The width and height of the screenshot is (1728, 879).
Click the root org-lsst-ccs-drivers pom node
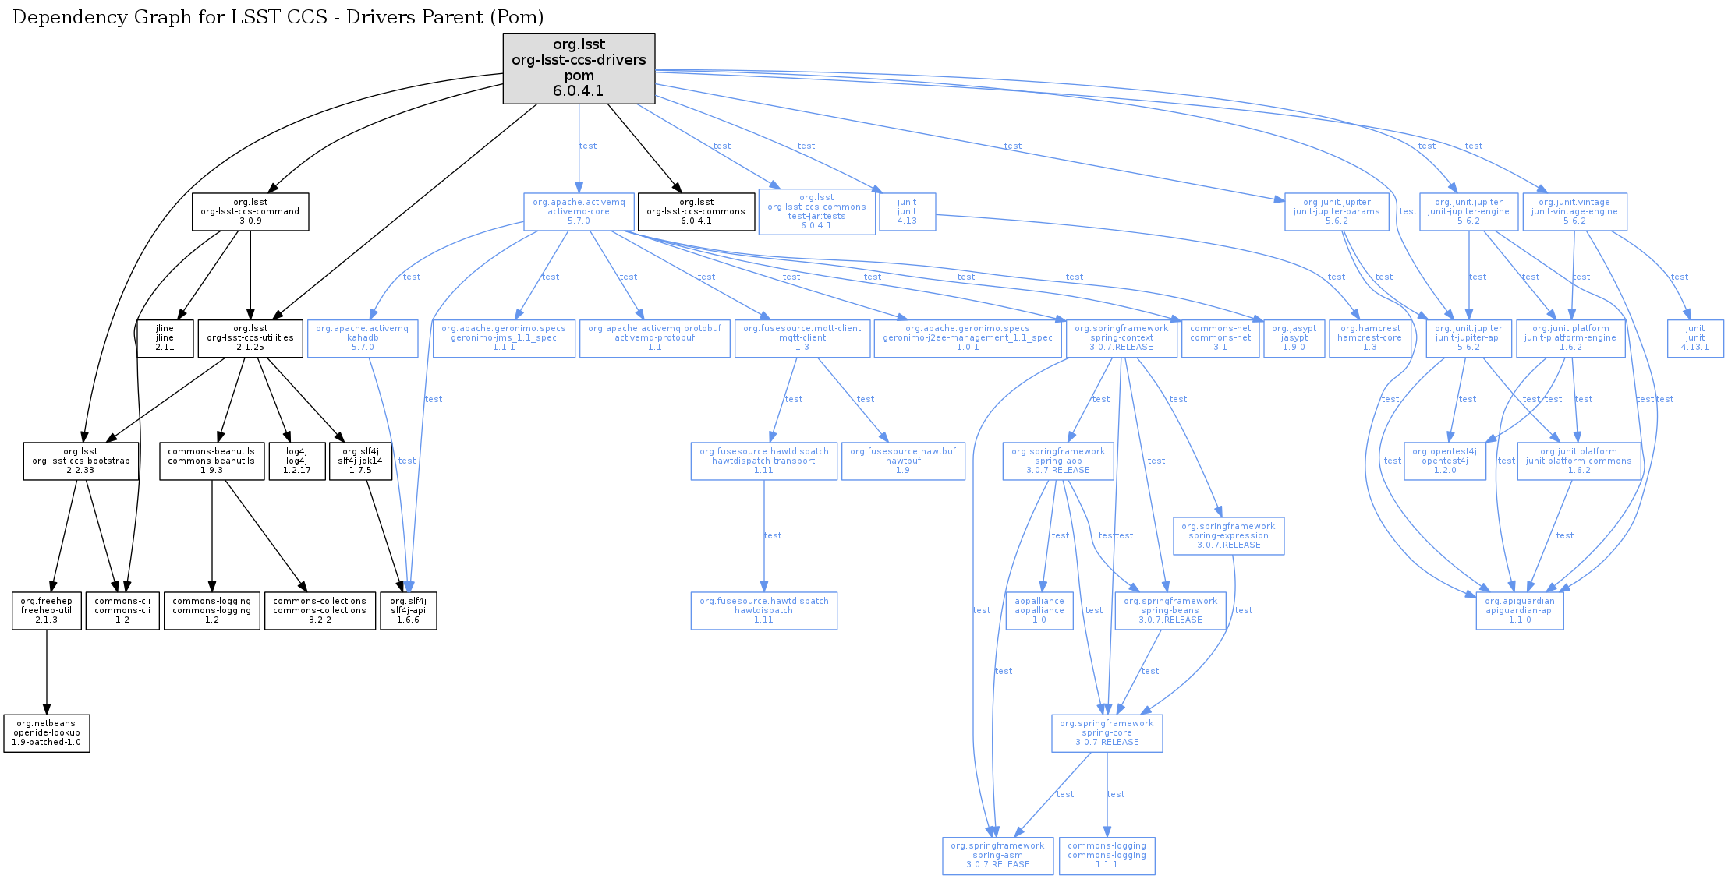tap(579, 68)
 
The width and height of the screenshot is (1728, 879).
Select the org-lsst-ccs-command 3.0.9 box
tap(250, 212)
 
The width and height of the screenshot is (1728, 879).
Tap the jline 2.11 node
tap(165, 338)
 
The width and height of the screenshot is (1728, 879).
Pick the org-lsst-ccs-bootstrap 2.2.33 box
tap(81, 461)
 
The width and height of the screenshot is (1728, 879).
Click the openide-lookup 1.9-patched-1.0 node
tap(47, 733)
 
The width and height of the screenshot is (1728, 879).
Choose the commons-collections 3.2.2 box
tap(320, 611)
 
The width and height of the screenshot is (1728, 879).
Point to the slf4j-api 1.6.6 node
tap(408, 611)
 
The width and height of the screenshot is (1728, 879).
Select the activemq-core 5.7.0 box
tap(579, 212)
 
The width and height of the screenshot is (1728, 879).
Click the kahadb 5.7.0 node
tap(363, 338)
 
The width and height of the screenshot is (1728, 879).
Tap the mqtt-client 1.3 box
tap(802, 338)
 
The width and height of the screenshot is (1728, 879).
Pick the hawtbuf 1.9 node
tap(903, 461)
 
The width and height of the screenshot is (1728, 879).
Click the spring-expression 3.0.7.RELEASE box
tap(1228, 536)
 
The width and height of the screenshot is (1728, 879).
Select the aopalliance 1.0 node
tap(1039, 611)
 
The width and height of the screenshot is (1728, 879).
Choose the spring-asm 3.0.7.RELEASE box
tap(997, 856)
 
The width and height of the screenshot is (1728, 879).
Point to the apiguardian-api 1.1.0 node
tap(1519, 611)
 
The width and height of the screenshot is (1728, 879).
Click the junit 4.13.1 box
tap(1695, 338)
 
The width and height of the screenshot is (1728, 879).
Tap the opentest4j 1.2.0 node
tap(1444, 461)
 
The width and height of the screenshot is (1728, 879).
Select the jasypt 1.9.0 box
tap(1294, 338)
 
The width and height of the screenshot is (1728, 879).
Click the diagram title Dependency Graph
tap(278, 17)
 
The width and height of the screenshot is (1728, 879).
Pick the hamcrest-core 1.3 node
tap(1370, 338)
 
